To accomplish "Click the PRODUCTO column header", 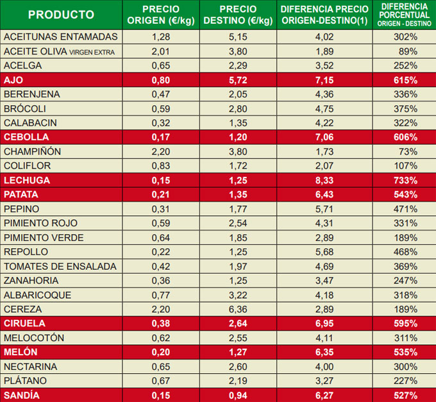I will coord(61,15).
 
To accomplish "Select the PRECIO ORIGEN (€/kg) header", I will coord(160,15).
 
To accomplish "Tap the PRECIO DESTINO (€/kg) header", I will coord(238,15).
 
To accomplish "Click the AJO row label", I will coord(13,80).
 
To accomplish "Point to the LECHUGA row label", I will coord(27,180).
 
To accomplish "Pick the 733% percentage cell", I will coord(405,180).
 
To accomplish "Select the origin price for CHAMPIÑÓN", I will coord(160,152).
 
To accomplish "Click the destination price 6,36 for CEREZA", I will coord(238,309).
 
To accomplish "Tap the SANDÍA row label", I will coord(22,396).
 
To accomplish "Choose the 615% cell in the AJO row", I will coord(405,80).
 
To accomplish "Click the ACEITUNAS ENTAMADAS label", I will coord(61,37).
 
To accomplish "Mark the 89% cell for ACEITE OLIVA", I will coord(408,51).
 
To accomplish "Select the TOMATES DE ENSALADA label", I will coord(60,266).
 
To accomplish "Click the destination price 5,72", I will coord(238,80).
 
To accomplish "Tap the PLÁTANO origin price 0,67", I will coord(160,381).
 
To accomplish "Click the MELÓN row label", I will coord(21,352).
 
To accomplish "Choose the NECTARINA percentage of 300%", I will coord(405,367).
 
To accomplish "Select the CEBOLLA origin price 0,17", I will coord(160,137).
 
